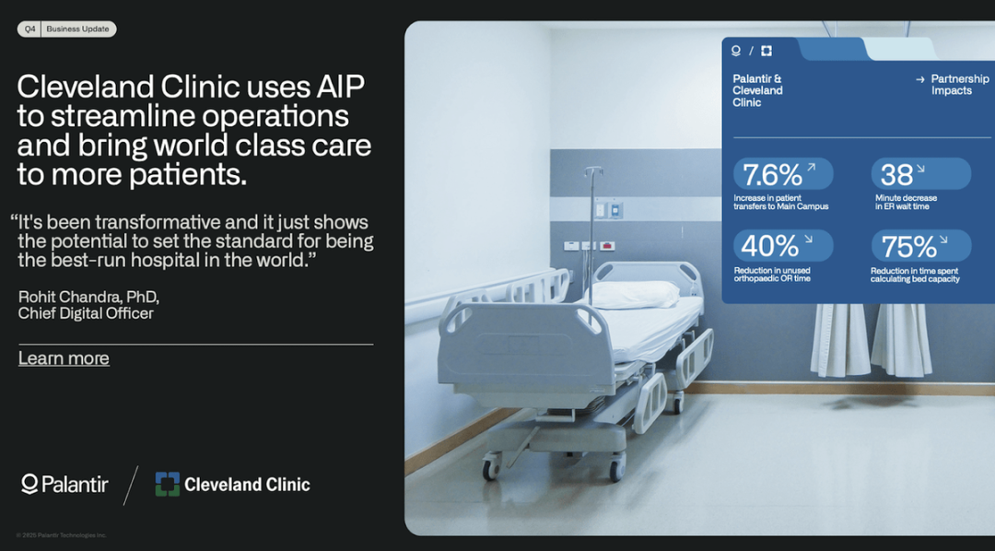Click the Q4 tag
29,29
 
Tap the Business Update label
77,29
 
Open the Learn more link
64,358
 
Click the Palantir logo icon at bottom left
29,485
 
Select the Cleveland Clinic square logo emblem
168,484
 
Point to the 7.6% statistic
772,174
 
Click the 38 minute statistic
896,174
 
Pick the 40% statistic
769,246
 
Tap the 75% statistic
908,247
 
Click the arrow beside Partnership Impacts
920,79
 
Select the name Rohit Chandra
70,297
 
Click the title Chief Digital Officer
86,313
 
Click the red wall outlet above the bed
606,246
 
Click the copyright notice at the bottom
62,535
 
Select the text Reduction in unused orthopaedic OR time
772,275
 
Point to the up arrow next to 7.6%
811,167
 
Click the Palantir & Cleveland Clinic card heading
757,91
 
